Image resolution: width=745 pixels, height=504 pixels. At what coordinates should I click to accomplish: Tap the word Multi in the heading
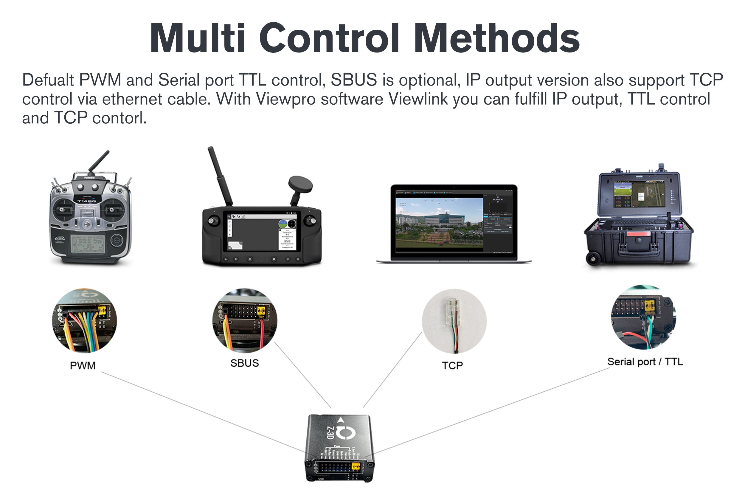click(198, 38)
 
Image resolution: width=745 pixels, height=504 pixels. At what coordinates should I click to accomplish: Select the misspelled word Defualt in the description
click(48, 80)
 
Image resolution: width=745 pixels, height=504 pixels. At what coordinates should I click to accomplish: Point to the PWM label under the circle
click(83, 365)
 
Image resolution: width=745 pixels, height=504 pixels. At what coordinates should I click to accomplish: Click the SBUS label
click(244, 363)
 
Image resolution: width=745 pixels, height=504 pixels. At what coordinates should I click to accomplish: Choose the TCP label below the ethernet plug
click(452, 365)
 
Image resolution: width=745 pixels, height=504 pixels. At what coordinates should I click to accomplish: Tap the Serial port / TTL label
click(645, 362)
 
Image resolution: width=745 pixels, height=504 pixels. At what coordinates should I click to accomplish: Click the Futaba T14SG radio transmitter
click(90, 215)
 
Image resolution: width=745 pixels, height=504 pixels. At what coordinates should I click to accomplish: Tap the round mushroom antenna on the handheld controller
click(300, 185)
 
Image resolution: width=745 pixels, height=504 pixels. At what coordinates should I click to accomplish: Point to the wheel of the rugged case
click(593, 258)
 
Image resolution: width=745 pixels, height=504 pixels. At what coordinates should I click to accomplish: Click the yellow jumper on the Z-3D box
click(356, 466)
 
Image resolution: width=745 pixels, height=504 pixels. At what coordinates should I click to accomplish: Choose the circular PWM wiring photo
click(84, 320)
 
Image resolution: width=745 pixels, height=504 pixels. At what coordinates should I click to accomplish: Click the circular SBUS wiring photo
click(245, 320)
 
